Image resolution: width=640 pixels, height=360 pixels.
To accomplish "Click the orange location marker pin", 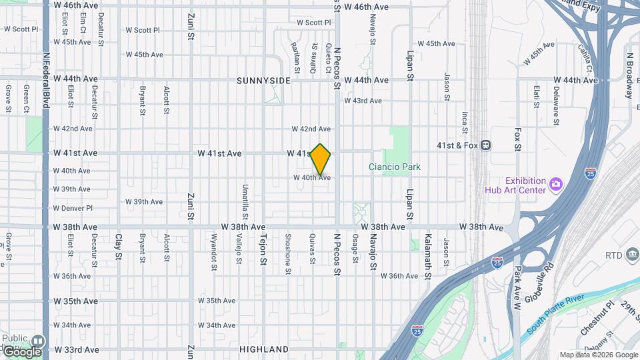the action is point(321,159).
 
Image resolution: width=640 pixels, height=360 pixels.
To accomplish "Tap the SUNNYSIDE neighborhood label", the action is point(263,80).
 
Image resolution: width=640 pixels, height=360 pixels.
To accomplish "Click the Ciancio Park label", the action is point(395,167).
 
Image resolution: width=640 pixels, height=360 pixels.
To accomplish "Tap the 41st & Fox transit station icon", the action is point(486,144).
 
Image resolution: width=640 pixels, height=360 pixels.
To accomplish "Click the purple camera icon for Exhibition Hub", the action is point(555,182).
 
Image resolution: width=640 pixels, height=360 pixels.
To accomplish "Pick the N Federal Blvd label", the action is point(46,81).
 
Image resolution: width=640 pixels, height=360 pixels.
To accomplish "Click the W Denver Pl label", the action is point(72,208).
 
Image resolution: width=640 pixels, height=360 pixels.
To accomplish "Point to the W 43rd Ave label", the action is point(363,101).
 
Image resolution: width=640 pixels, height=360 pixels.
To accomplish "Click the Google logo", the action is point(21,351).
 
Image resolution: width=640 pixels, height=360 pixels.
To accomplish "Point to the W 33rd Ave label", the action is point(76,349).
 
